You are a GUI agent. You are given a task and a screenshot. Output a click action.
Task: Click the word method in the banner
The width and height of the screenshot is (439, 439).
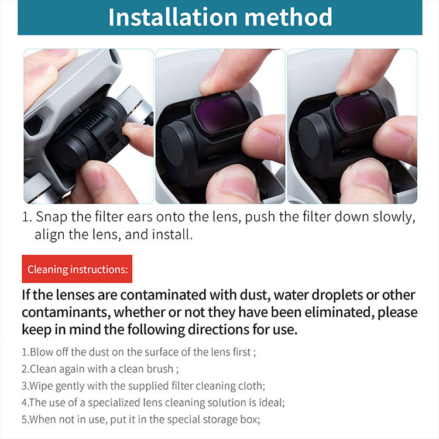[x=289, y=17]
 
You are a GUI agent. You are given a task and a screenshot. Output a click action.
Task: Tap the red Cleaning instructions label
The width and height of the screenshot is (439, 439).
[x=77, y=269]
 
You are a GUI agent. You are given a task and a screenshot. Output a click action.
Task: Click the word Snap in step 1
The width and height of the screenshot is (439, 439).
[x=52, y=217]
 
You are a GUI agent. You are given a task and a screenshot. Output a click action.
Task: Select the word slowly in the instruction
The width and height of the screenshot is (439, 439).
[x=394, y=217]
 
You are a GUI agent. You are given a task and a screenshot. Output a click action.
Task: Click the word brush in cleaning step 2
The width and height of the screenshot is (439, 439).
[x=161, y=369]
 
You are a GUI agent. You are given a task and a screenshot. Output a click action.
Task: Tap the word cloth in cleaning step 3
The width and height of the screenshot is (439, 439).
[x=252, y=386]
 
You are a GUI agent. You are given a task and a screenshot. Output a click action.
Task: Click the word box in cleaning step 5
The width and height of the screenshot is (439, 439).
[x=250, y=420]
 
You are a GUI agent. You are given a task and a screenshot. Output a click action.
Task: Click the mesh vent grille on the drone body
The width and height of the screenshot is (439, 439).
[x=33, y=125]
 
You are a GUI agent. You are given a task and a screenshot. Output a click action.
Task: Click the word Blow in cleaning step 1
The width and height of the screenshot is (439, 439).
[x=42, y=352]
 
